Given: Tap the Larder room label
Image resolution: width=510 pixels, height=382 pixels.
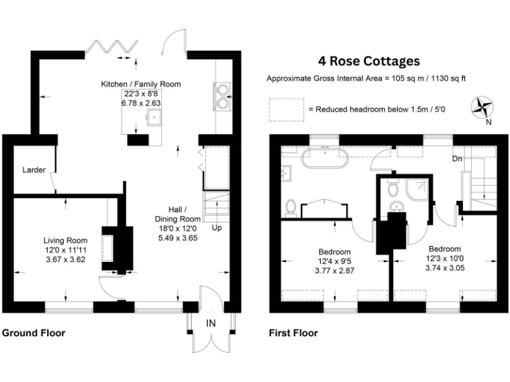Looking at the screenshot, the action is tap(33, 170).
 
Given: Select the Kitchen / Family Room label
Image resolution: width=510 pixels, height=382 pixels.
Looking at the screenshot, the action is tap(141, 84).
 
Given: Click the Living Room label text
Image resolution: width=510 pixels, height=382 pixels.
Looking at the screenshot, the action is tap(66, 240).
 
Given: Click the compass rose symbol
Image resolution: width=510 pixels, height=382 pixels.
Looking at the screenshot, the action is tap(483, 106).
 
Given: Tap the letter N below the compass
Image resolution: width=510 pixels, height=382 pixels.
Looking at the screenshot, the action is tap(488, 122).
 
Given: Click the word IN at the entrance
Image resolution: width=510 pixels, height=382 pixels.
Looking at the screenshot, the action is tap(211, 324).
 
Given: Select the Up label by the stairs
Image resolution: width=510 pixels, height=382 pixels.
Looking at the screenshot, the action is tap(216, 227).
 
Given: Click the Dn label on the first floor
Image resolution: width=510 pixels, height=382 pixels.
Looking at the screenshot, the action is tap(458, 159).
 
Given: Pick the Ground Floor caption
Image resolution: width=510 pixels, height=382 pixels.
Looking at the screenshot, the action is tap(34, 333).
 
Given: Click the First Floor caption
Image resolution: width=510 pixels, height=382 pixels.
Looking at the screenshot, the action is tap(293, 333).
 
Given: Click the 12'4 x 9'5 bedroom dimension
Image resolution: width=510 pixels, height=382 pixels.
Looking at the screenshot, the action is tap(335, 261).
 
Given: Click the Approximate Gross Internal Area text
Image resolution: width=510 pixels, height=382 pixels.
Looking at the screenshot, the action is tap(366, 78).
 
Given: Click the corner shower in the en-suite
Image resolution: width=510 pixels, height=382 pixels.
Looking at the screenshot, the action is tap(416, 190).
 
